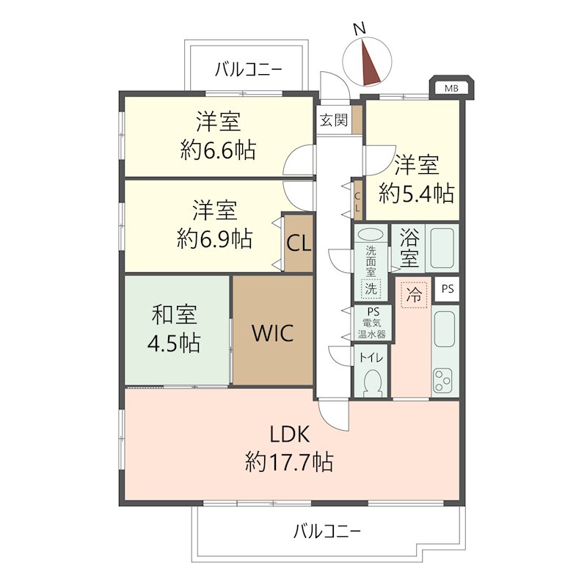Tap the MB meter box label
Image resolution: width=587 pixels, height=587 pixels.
(451, 89)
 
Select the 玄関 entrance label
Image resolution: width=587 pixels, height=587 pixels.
(332, 120)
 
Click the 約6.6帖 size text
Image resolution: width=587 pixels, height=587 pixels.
(218, 151)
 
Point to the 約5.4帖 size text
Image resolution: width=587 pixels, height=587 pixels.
(416, 194)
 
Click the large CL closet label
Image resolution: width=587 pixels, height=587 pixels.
(299, 244)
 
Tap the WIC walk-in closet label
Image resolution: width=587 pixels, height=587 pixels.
(273, 333)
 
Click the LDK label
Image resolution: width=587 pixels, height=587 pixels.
(290, 435)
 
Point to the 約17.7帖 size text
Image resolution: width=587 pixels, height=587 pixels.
(290, 462)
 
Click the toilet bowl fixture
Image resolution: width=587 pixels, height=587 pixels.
(372, 382)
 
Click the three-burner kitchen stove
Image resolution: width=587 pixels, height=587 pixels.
(444, 380)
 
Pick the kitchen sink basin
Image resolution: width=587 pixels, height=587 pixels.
(444, 328)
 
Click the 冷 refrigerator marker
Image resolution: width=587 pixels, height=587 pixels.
(415, 296)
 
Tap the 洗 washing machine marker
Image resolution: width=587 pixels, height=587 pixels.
(371, 288)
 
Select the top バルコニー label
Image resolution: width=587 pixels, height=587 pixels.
(249, 70)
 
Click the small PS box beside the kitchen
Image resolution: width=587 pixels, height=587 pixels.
(447, 289)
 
